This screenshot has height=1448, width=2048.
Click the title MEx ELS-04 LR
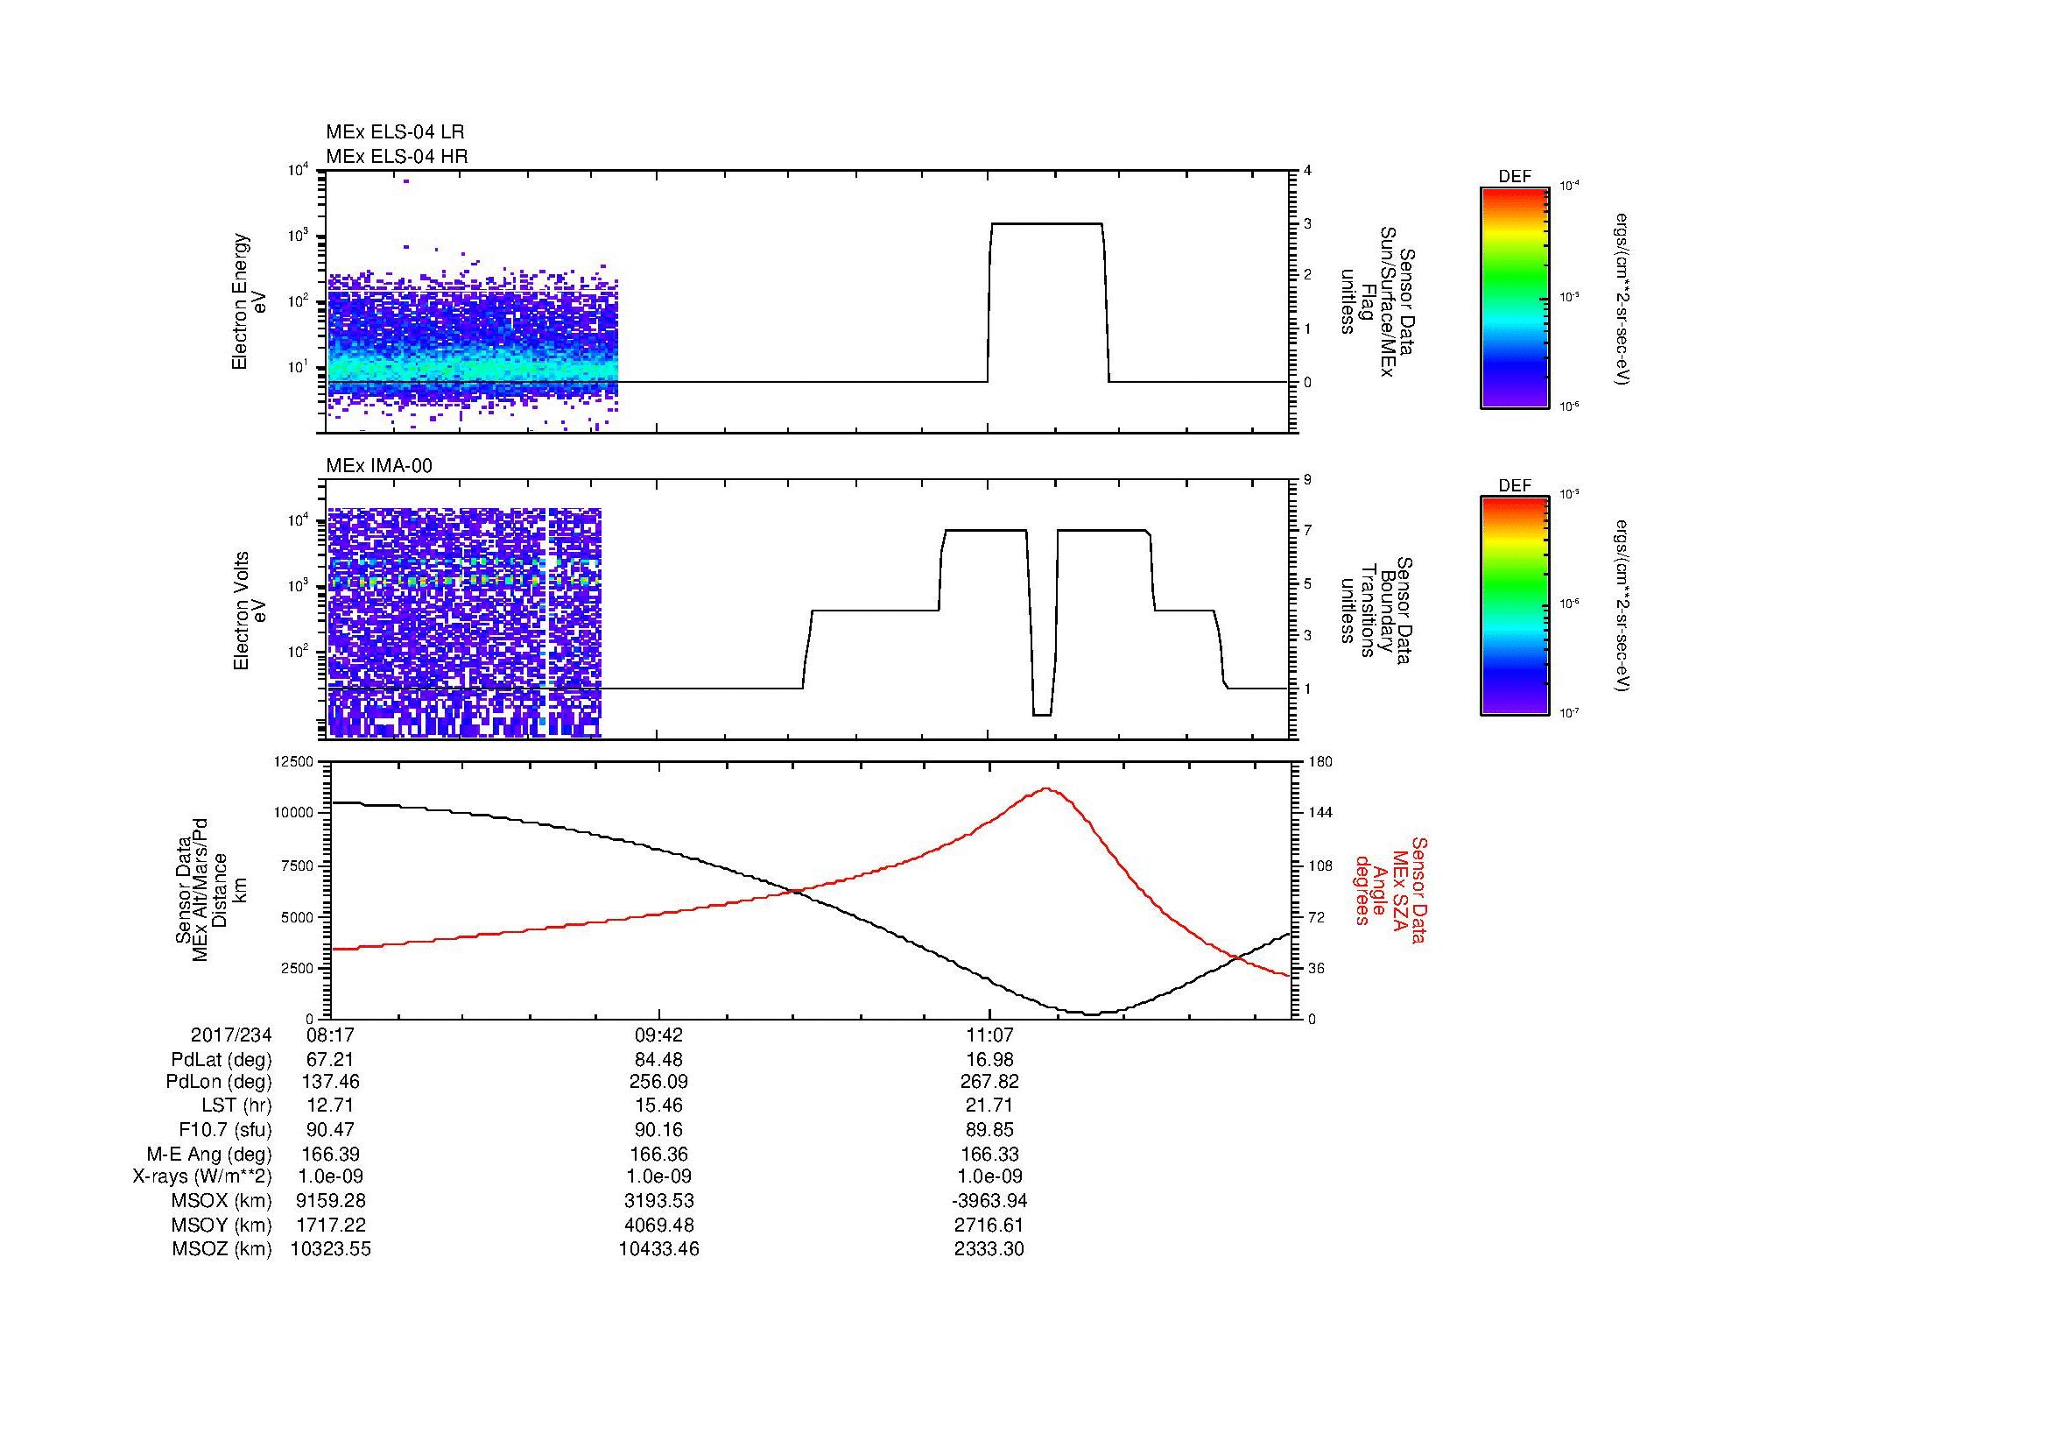[x=394, y=132]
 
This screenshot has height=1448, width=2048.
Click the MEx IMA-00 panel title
[x=378, y=466]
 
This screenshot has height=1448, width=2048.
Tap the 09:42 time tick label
[x=658, y=1035]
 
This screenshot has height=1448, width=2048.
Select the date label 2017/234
[x=231, y=1035]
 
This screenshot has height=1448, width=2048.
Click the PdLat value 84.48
[x=658, y=1060]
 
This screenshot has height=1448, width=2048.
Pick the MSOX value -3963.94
[x=989, y=1201]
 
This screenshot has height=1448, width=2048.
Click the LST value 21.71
[x=989, y=1105]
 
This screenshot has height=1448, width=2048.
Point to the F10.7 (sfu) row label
[x=224, y=1129]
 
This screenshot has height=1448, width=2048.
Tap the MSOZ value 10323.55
[x=331, y=1249]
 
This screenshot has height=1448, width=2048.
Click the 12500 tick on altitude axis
[x=294, y=761]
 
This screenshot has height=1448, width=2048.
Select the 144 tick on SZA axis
[x=1320, y=813]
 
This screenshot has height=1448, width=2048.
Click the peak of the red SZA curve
[x=1045, y=788]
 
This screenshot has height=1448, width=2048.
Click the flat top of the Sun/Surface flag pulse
[x=1046, y=224]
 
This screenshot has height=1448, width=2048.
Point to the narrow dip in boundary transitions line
[x=1042, y=714]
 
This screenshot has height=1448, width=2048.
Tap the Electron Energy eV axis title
[x=249, y=302]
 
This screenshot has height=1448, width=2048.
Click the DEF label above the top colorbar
[x=1515, y=177]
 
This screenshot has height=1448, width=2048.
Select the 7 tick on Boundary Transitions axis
[x=1306, y=531]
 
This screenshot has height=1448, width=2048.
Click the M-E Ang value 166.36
[x=658, y=1154]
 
